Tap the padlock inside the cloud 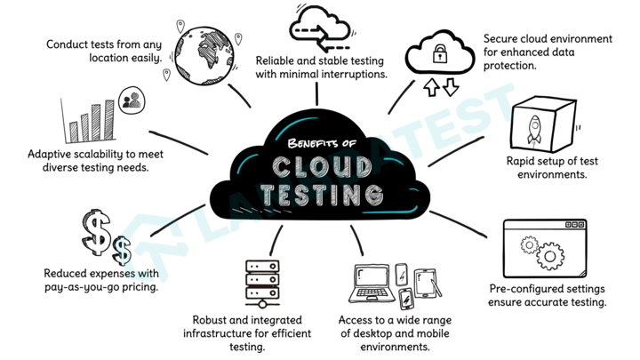438,55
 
